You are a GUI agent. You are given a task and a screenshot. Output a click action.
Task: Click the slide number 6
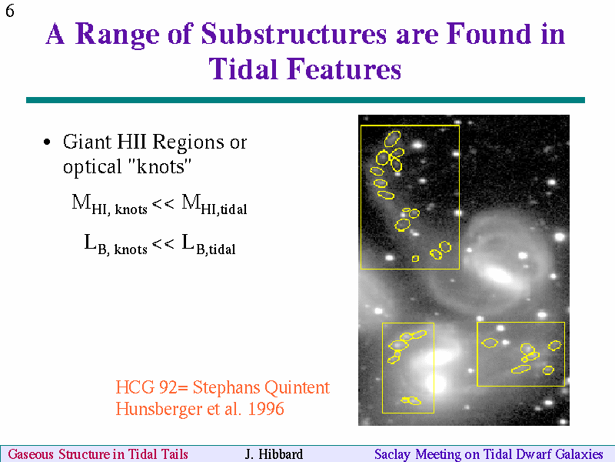(x=10, y=11)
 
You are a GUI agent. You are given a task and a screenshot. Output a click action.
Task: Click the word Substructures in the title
(x=294, y=34)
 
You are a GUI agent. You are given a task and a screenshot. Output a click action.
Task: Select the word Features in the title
(x=344, y=69)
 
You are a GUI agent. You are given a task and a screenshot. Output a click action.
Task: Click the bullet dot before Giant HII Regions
(x=47, y=142)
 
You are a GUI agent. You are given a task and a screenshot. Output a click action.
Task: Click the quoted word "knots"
(x=159, y=166)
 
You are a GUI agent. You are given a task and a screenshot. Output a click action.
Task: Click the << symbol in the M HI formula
(x=163, y=203)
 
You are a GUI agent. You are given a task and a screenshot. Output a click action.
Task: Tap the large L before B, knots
(x=90, y=242)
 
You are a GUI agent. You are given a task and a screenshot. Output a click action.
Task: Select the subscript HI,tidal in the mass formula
(x=224, y=209)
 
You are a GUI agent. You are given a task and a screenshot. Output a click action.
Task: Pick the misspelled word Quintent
(x=297, y=388)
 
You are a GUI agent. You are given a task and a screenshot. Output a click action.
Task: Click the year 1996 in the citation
(x=266, y=409)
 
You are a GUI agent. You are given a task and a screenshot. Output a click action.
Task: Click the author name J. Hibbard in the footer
(x=274, y=454)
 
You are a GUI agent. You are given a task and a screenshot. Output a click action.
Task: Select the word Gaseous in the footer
(x=31, y=454)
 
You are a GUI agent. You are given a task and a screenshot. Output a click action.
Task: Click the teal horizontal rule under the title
(x=305, y=100)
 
